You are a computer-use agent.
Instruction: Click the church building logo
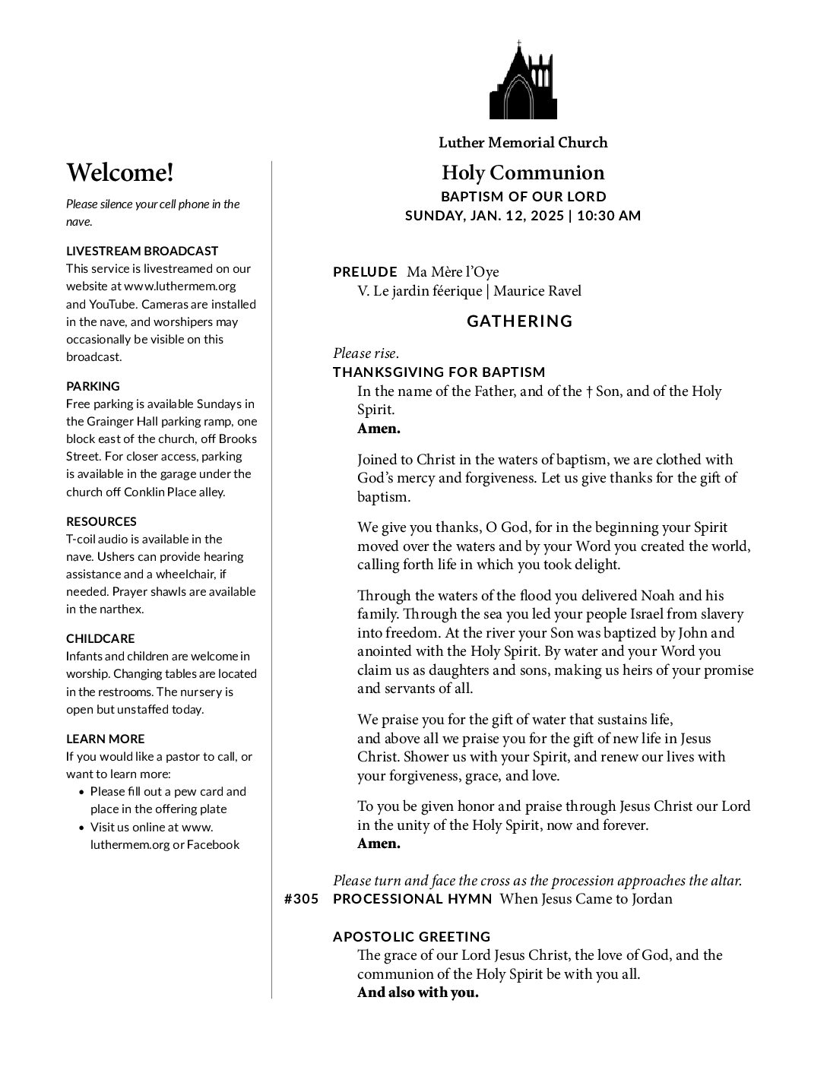523,81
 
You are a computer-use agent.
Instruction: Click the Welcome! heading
120,173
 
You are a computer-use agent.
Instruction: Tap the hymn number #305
301,899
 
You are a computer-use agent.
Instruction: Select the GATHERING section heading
520,321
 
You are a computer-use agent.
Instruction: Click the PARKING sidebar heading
93,386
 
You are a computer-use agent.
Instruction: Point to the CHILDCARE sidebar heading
100,638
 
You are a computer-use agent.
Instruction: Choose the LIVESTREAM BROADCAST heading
142,251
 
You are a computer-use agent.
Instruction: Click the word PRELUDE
365,272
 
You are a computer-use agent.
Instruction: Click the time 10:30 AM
609,215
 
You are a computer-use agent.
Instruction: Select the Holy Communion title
523,173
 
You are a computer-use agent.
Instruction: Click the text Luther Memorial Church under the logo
523,143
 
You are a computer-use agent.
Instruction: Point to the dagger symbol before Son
589,392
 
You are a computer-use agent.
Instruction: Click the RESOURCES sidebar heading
101,521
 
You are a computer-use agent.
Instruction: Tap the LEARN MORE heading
105,739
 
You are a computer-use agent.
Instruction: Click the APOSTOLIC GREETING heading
412,937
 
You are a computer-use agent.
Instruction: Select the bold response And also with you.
418,992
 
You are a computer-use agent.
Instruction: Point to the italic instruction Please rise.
366,353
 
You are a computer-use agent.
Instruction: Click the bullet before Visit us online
82,828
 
